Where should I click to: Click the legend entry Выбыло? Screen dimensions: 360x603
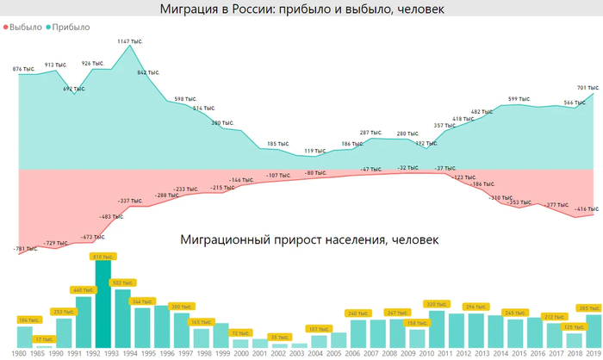tap(24, 27)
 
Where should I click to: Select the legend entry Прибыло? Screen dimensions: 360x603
tap(71, 27)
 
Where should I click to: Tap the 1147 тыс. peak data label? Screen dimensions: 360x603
tap(130, 41)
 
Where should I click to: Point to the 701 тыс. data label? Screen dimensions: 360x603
tap(587, 88)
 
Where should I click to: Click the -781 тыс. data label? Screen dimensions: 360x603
tap(26, 249)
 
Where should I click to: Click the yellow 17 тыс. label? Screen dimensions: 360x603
tap(44, 339)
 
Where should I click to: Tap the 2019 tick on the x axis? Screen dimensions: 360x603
tap(594, 354)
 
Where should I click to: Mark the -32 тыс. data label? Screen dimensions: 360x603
tap(408, 167)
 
